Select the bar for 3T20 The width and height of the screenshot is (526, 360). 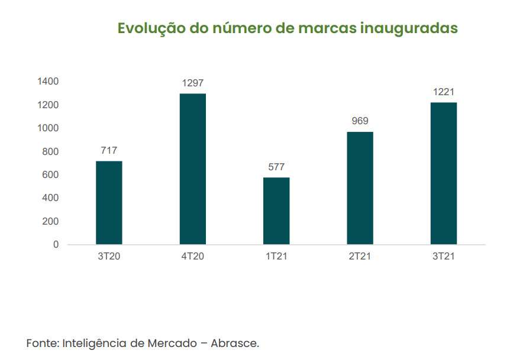pos(109,203)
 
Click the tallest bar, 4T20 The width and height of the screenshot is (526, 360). pos(193,169)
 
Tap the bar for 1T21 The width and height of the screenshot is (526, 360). pos(276,211)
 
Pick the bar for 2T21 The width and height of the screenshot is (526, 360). pos(360,188)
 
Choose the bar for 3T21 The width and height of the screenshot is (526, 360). pos(444,173)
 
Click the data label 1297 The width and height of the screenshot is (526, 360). pos(193,83)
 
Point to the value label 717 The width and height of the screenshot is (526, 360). pos(109,151)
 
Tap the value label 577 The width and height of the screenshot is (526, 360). pos(276,167)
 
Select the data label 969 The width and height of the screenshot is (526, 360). pos(360,121)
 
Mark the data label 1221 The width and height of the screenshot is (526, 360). pos(444,92)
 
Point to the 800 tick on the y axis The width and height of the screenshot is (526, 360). pos(50,151)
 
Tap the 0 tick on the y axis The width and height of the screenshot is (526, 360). pos(56,245)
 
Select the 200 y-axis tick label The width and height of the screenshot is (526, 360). pos(50,221)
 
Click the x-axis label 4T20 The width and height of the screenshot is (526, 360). pos(193,257)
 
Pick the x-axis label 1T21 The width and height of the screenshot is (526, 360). pos(276,257)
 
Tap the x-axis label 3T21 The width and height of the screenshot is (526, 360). pos(444,257)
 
